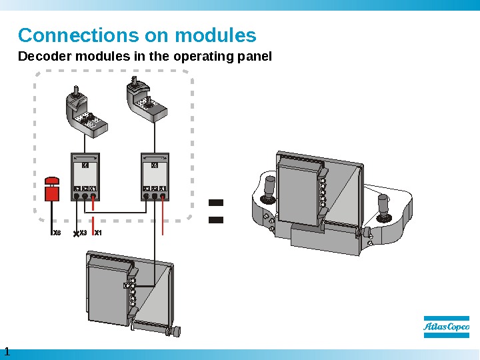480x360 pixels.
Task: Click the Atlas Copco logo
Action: point(446,327)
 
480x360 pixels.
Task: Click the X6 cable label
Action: point(57,233)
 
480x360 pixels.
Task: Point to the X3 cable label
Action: point(83,233)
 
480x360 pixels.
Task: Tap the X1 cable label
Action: point(98,233)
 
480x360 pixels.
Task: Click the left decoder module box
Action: point(85,177)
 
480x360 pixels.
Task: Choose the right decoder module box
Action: point(155,177)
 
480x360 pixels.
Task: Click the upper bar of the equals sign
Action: point(215,201)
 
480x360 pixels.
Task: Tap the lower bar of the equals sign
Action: point(215,218)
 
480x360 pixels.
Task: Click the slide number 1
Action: point(7,351)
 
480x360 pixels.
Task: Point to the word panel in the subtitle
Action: point(256,57)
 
